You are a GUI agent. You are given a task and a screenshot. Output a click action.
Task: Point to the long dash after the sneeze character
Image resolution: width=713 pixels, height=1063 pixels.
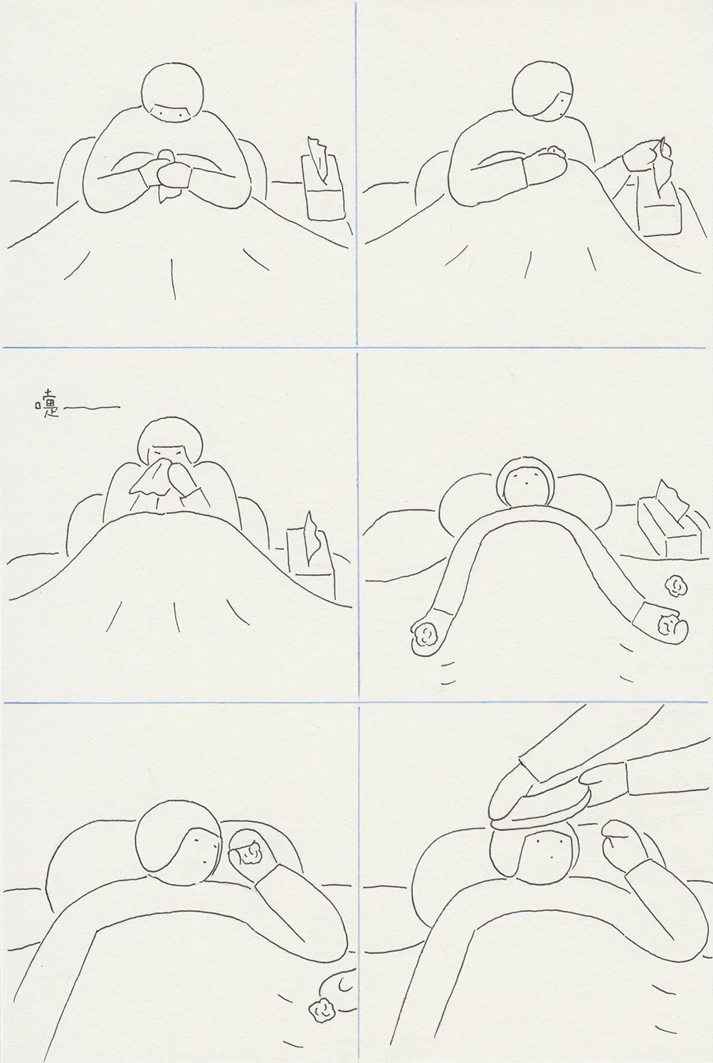(x=91, y=407)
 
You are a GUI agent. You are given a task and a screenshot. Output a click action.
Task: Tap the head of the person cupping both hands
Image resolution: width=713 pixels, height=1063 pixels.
(x=173, y=94)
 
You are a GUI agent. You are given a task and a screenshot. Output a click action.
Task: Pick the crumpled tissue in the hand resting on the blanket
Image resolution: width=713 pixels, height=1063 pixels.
(x=554, y=150)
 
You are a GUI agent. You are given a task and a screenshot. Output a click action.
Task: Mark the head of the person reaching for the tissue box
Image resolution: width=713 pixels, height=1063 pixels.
(x=544, y=91)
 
